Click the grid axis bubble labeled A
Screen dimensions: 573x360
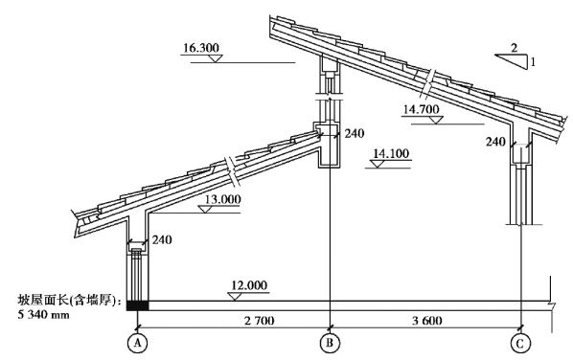click(x=137, y=343)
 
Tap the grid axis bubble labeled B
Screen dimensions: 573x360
click(x=330, y=343)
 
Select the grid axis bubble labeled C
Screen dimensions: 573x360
click(x=520, y=343)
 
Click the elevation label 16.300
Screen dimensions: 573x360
click(x=201, y=48)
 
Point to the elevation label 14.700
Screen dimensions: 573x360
click(x=421, y=109)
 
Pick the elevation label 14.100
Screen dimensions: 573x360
click(x=391, y=153)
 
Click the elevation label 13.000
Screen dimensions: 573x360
click(x=222, y=199)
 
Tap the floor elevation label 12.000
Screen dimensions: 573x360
click(x=249, y=285)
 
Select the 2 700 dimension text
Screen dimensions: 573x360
click(x=260, y=321)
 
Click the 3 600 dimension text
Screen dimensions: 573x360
click(x=427, y=321)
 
